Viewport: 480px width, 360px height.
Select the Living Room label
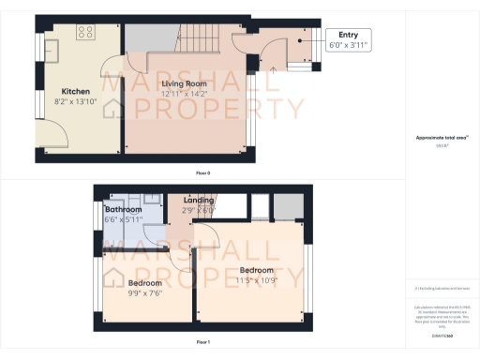coord(184,84)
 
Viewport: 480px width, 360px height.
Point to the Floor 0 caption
coord(202,173)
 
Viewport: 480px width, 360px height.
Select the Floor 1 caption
coord(202,343)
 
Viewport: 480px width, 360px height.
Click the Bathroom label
coord(124,209)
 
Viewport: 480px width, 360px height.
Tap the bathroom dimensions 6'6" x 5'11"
coord(124,218)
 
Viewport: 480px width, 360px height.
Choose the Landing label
coord(199,201)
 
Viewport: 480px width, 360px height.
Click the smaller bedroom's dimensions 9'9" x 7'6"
coord(144,292)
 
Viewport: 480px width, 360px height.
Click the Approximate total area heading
coord(442,138)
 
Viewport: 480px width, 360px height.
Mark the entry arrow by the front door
coord(273,67)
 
